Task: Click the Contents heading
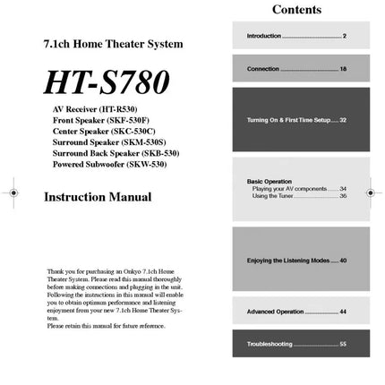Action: [x=296, y=10]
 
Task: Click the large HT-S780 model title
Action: [x=106, y=82]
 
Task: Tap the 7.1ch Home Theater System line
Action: [x=113, y=43]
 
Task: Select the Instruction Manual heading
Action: [x=98, y=197]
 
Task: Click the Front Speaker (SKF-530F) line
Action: [x=100, y=119]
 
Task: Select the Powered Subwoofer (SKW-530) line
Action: [x=108, y=165]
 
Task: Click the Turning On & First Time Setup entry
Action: [x=296, y=119]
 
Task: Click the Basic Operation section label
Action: [x=269, y=182]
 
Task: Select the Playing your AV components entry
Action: [x=299, y=189]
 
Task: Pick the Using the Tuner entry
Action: [x=299, y=196]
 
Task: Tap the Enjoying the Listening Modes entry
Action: [x=296, y=261]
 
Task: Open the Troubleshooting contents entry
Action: [x=296, y=344]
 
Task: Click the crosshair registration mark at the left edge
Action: [x=13, y=192]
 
